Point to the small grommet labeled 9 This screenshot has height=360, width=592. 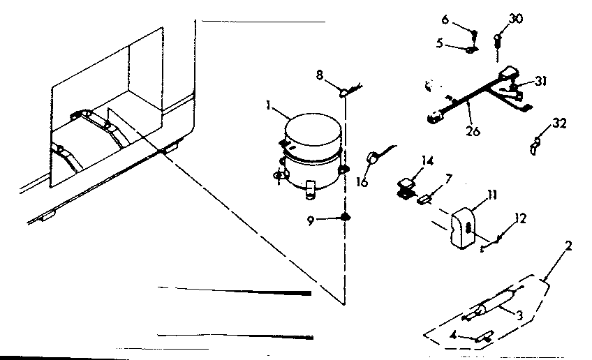pyautogui.click(x=345, y=217)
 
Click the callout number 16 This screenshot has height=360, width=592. pyautogui.click(x=361, y=183)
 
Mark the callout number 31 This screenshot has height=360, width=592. pyautogui.click(x=540, y=82)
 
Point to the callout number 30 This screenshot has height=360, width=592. pyautogui.click(x=516, y=19)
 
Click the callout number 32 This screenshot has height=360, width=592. pyautogui.click(x=559, y=124)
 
